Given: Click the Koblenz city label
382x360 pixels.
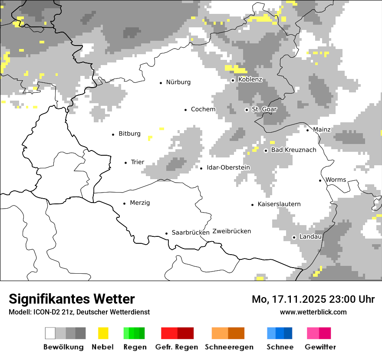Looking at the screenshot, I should (x=250, y=80).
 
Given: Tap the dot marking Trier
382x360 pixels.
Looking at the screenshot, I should (x=125, y=163).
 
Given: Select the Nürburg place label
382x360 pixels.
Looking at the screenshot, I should (x=178, y=82).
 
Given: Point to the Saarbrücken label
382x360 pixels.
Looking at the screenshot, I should (x=191, y=232).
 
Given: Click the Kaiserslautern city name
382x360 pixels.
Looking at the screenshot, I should (x=279, y=204).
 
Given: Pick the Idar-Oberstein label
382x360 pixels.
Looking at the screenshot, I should (x=228, y=168).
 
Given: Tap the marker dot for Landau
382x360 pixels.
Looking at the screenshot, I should (x=294, y=237).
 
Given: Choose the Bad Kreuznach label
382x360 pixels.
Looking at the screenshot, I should (x=293, y=150).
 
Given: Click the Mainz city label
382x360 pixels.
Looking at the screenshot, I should (x=322, y=130).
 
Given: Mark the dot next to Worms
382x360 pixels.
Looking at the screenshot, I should (x=320, y=180).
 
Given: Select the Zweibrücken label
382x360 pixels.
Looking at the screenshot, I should (x=231, y=231).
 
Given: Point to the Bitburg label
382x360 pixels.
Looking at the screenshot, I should (x=129, y=134).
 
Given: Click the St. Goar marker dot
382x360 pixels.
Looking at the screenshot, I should (x=247, y=110).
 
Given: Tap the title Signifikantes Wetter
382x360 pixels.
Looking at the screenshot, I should (x=72, y=299).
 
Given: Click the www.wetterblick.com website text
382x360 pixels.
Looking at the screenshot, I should (x=313, y=312).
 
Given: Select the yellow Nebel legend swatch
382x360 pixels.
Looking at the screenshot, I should (x=103, y=333).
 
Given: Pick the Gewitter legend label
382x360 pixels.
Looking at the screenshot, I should (x=320, y=347).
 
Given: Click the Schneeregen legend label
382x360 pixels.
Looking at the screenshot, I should (x=229, y=347).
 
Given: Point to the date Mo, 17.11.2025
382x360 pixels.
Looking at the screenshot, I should (x=290, y=300).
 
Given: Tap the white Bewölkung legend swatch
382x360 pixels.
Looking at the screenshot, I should (x=50, y=333).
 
